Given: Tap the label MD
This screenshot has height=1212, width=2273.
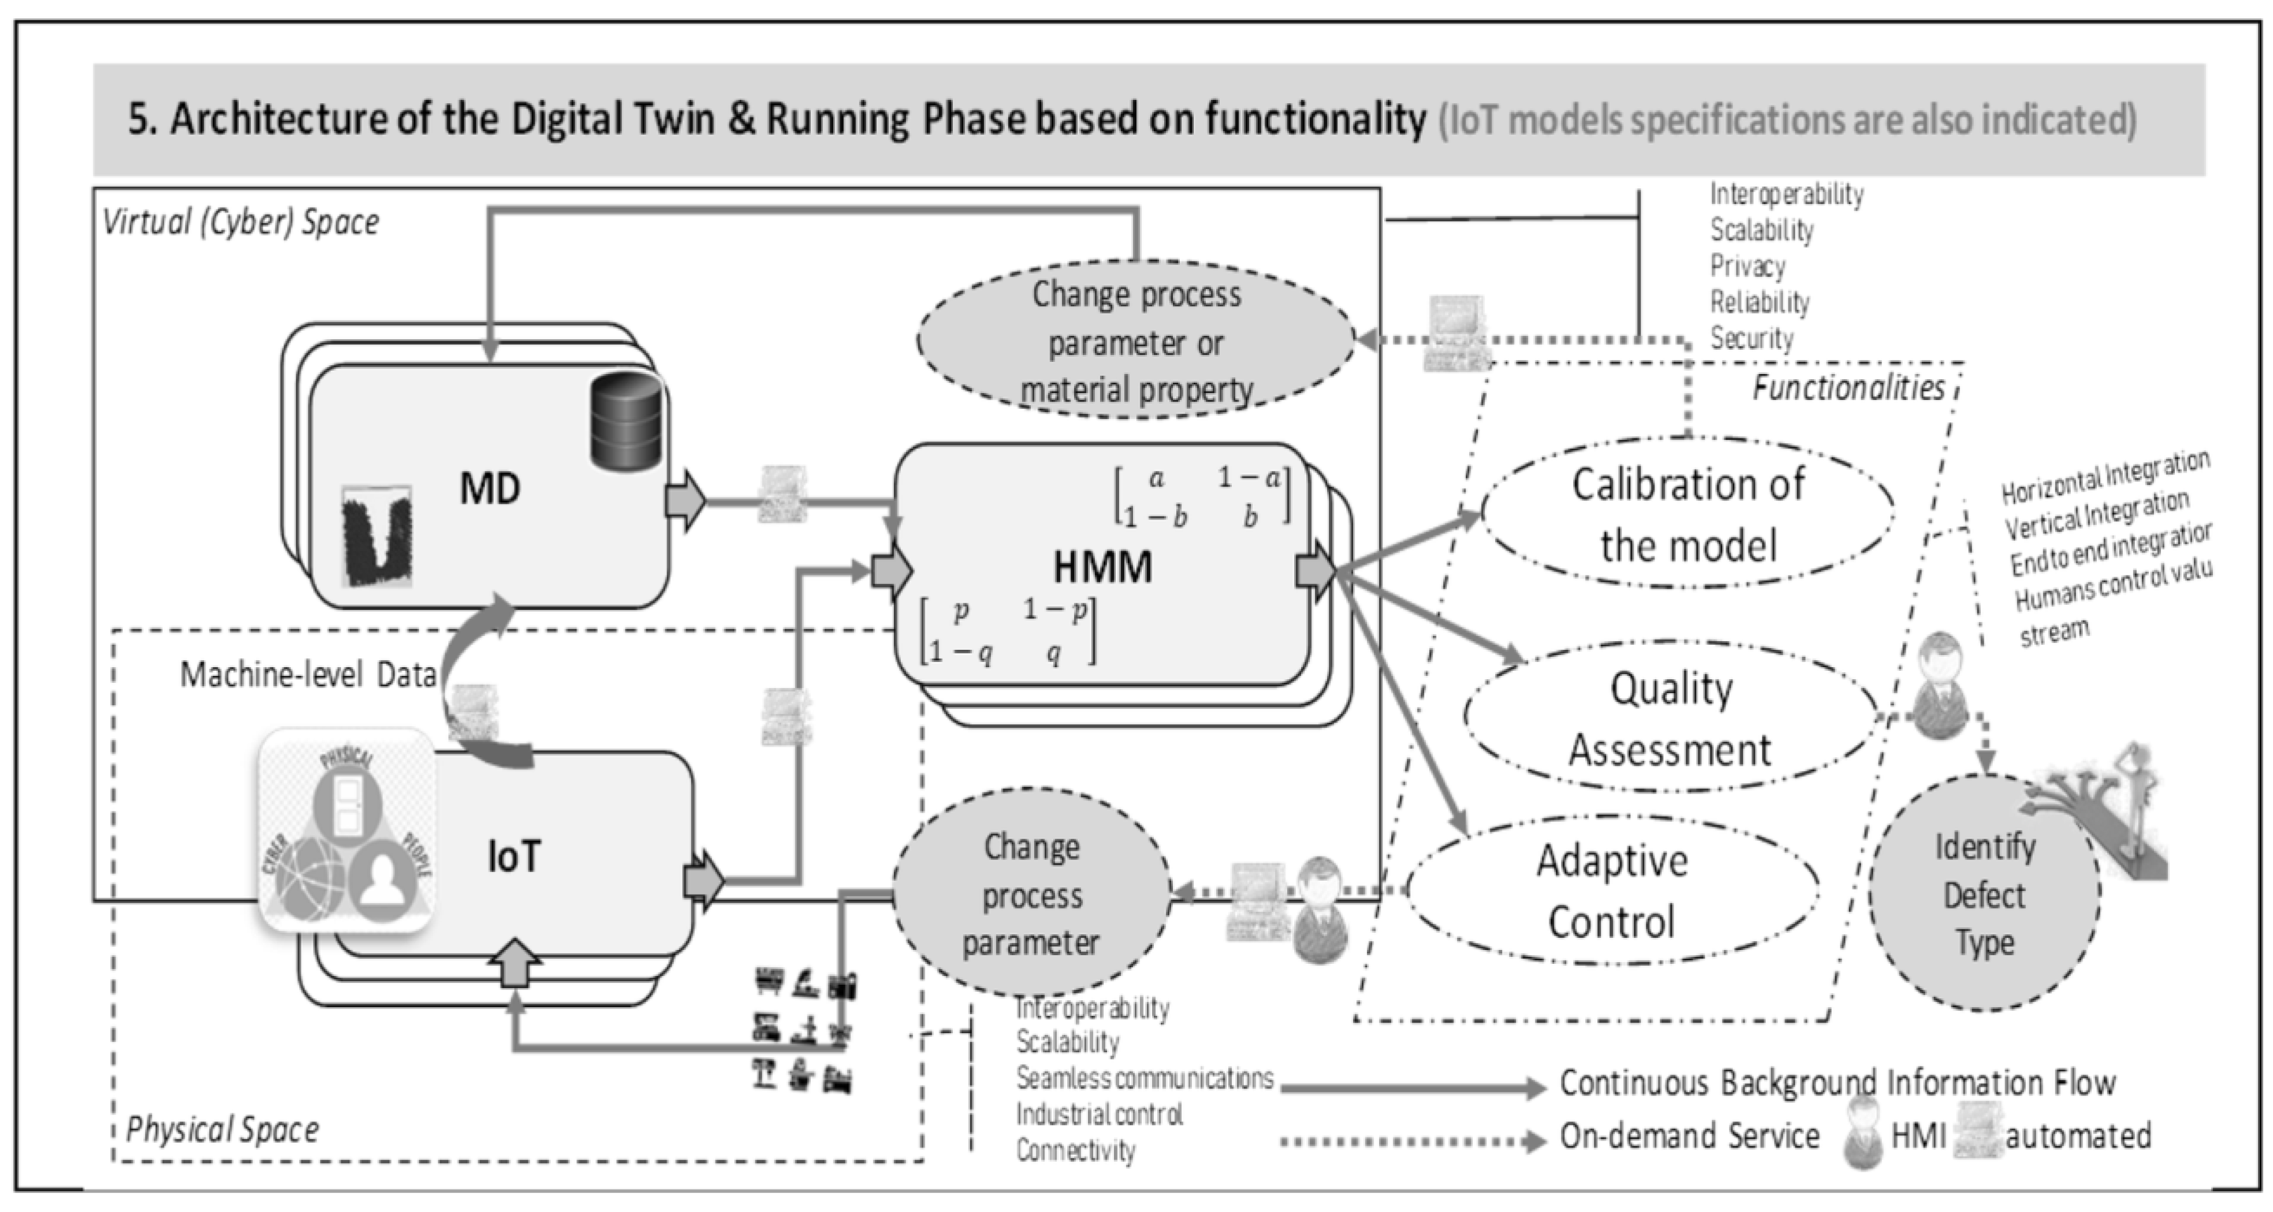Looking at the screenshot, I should click(490, 488).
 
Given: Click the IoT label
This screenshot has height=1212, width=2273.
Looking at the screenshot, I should click(513, 856).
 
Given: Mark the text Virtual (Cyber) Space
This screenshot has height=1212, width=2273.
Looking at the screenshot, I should click(240, 222).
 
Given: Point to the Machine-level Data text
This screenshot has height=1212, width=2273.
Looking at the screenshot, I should click(308, 675).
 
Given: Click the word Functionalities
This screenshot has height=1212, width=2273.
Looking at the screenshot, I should click(1848, 388).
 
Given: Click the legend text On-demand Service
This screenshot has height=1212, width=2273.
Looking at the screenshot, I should click(1689, 1136).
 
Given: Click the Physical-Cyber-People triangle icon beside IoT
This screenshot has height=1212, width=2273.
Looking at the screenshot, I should click(346, 830).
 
